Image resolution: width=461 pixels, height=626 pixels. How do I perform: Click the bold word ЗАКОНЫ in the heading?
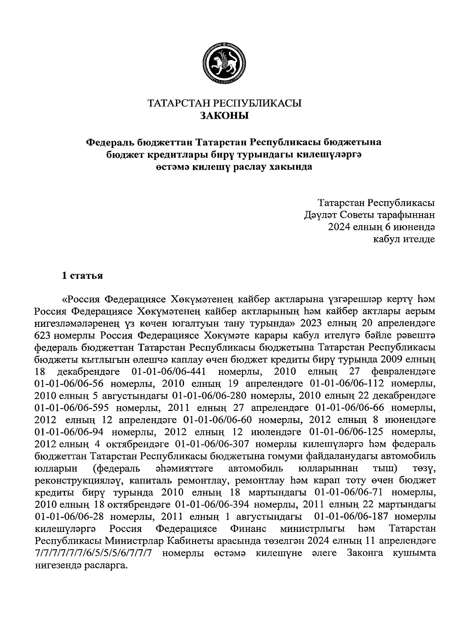[x=225, y=116]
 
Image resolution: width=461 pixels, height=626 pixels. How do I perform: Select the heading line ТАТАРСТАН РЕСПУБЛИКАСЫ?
[x=225, y=103]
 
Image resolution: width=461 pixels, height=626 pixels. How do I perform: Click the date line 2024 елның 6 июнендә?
[x=381, y=227]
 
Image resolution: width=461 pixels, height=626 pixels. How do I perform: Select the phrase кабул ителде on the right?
[x=404, y=240]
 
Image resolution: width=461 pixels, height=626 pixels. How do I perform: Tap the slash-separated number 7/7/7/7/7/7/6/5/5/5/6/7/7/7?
[x=94, y=553]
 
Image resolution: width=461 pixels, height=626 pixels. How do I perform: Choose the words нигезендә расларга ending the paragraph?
[x=81, y=565]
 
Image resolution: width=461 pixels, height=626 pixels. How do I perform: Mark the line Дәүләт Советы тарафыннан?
[x=370, y=215]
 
